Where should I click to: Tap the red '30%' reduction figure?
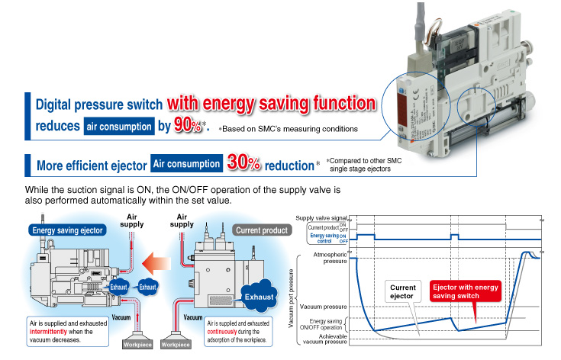[x=243, y=163]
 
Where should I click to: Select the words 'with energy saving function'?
[x=272, y=102]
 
